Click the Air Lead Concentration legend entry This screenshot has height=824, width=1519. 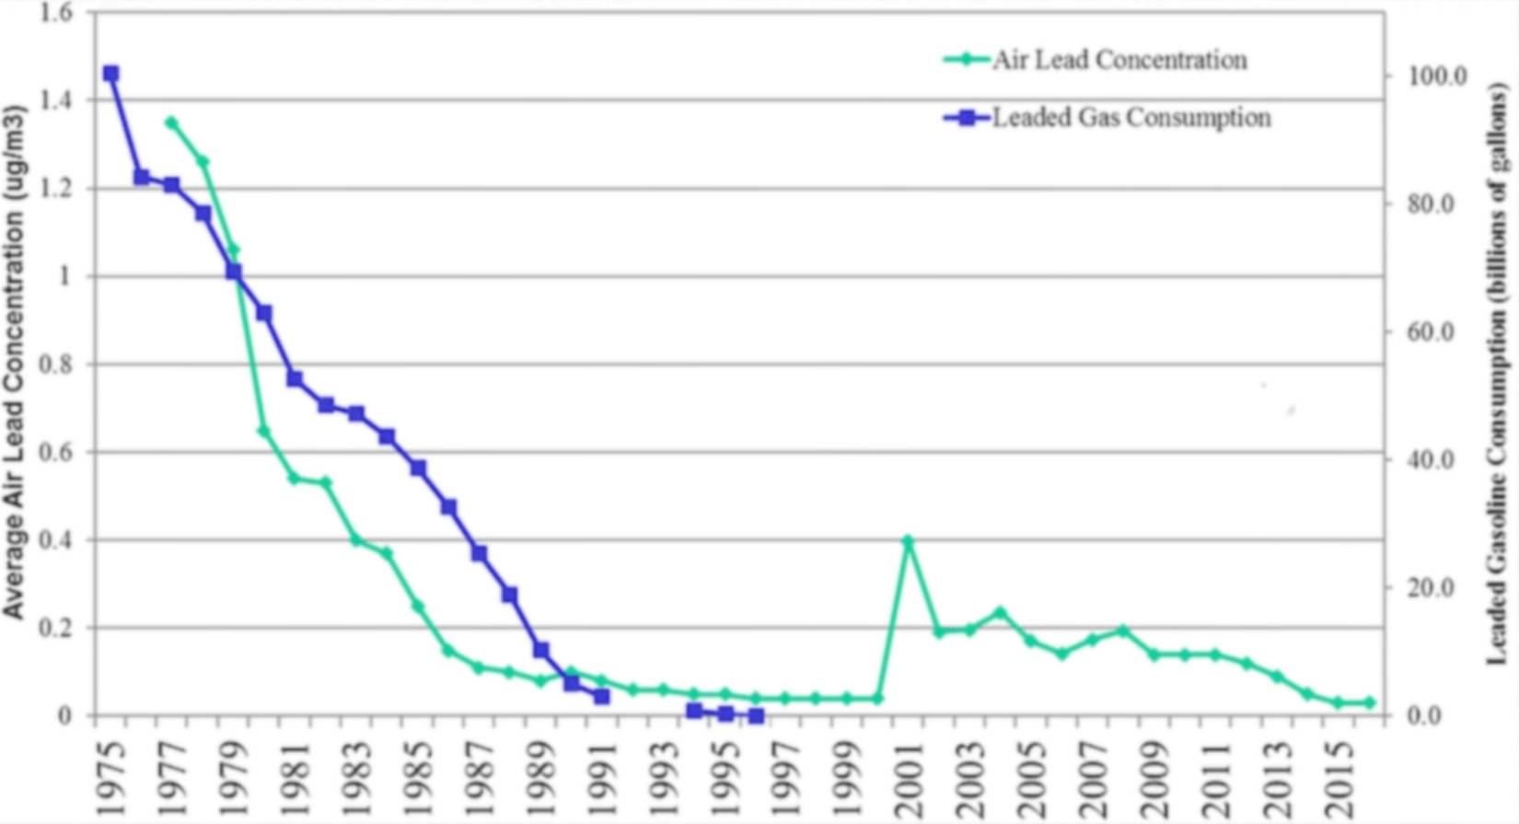[x=1119, y=61]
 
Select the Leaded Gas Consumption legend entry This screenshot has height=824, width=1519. [x=1131, y=118]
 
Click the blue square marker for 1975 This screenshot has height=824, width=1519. [x=111, y=74]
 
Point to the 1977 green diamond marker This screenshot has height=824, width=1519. [x=171, y=122]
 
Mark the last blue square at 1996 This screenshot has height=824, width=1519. [x=756, y=715]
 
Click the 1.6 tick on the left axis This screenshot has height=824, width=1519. [x=56, y=13]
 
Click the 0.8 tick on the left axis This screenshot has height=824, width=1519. [x=56, y=365]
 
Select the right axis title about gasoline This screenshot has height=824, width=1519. [x=1499, y=373]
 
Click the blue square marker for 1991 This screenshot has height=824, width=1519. [x=601, y=696]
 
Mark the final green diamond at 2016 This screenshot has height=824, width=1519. [x=1369, y=702]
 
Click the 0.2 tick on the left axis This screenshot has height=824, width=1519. [x=56, y=628]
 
